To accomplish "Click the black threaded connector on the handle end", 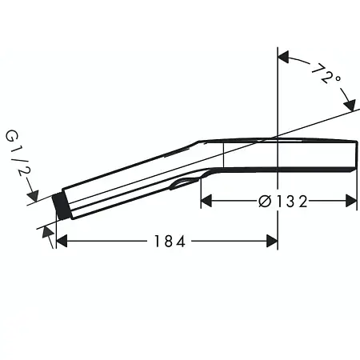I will [58, 206].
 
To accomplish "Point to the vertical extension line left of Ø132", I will [200, 192].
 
